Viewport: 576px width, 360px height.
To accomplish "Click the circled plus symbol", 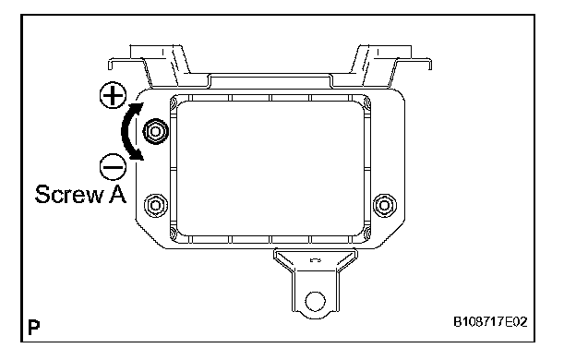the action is pyautogui.click(x=114, y=95).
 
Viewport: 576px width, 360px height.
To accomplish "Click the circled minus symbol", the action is pyautogui.click(x=114, y=167).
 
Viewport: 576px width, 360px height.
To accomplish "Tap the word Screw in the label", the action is pyautogui.click(x=69, y=194).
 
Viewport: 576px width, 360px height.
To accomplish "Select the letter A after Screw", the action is pyautogui.click(x=117, y=194).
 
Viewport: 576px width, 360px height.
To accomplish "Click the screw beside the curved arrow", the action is pyautogui.click(x=155, y=131).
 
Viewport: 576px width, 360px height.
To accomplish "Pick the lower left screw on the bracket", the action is pyautogui.click(x=156, y=205).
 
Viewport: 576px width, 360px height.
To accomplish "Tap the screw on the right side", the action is pyautogui.click(x=385, y=205).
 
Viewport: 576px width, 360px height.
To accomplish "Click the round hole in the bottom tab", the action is pyautogui.click(x=315, y=301).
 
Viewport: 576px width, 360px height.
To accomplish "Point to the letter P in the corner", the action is pyautogui.click(x=34, y=327).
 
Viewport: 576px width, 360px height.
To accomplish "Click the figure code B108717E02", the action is pyautogui.click(x=490, y=322).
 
